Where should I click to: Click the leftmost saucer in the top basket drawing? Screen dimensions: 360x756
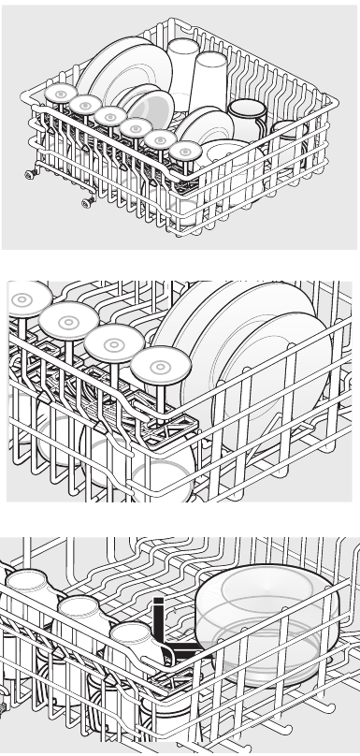61,94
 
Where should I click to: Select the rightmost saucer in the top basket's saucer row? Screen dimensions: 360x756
185,150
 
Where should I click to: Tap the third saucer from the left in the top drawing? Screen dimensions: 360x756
110,116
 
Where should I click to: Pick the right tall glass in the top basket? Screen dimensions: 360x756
210,79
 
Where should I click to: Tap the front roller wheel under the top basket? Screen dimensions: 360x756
88,201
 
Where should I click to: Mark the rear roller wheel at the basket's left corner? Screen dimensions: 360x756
33,173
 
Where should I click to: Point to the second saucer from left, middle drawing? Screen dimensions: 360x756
68,321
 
